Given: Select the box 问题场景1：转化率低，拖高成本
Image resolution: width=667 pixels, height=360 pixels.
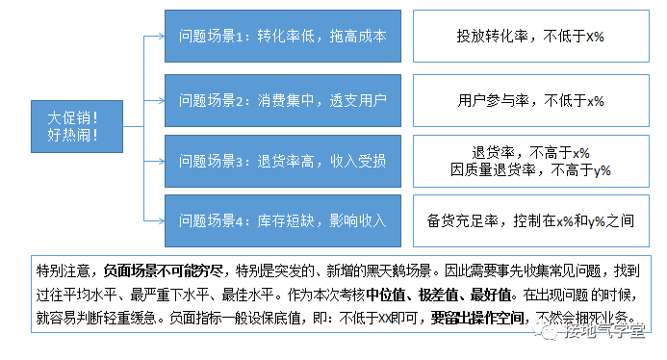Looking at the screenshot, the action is pos(282,36).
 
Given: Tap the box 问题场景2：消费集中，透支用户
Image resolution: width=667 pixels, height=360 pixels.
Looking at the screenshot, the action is pos(282,98).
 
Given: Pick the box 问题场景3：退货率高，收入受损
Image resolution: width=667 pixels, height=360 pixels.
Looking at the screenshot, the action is pos(282,159).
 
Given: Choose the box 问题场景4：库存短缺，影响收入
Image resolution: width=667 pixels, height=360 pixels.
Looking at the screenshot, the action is pos(282,220).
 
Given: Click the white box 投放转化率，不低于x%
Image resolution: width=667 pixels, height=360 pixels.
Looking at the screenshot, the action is pos(530,36).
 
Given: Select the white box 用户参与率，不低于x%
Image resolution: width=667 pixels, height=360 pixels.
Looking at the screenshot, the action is pos(530,98).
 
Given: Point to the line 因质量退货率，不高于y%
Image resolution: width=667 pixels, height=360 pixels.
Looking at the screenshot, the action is pos(530,169).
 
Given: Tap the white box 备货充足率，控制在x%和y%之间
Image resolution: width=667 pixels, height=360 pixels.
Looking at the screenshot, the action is pos(530,220).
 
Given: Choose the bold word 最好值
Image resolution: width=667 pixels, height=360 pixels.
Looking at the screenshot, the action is pos(494,294).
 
